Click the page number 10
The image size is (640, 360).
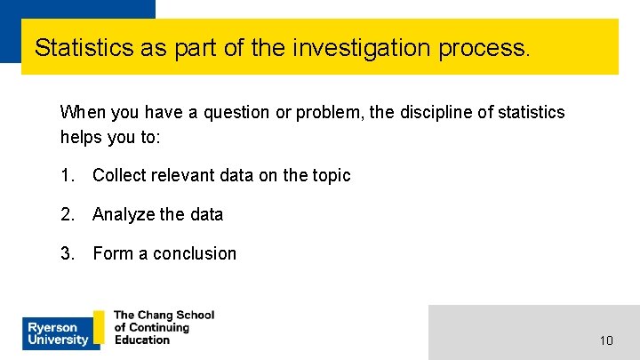click(x=606, y=340)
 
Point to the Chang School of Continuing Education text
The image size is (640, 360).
click(x=164, y=327)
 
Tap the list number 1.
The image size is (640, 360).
click(x=67, y=175)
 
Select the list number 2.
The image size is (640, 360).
click(x=67, y=214)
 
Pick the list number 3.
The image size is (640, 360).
click(x=67, y=253)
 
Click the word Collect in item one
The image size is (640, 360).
click(x=119, y=175)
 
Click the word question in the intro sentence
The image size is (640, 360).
click(x=236, y=112)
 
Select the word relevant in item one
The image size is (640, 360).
click(x=183, y=175)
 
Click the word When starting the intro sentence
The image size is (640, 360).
click(x=81, y=112)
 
